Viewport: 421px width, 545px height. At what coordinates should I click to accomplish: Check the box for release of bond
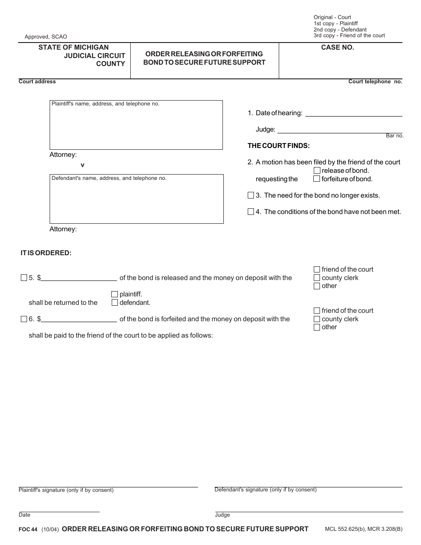[x=317, y=171]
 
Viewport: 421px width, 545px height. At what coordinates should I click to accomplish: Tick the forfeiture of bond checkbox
[x=317, y=179]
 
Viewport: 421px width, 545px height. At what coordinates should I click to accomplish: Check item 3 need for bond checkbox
[x=251, y=195]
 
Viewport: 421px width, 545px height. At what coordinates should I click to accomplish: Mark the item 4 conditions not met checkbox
[x=251, y=212]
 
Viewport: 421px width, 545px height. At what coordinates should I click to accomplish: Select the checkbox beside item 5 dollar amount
[x=24, y=278]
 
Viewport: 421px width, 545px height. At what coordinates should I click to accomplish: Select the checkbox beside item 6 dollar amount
[x=24, y=319]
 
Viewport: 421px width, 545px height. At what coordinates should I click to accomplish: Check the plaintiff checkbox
[x=115, y=294]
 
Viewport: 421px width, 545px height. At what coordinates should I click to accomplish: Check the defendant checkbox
[x=115, y=303]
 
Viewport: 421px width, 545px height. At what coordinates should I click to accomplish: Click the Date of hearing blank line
[x=354, y=113]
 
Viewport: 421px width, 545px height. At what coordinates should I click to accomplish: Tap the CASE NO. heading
[x=338, y=47]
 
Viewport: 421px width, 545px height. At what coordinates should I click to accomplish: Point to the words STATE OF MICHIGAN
[x=73, y=47]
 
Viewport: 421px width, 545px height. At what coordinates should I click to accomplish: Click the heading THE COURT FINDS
[x=278, y=146]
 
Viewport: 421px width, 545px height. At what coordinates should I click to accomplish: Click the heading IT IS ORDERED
[x=46, y=253]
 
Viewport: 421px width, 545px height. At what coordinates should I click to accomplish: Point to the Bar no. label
[x=394, y=136]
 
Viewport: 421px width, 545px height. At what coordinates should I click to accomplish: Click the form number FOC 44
[x=28, y=529]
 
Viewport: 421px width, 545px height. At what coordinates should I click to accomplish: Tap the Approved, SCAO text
[x=46, y=37]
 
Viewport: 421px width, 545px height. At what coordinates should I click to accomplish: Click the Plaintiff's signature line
[x=108, y=487]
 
